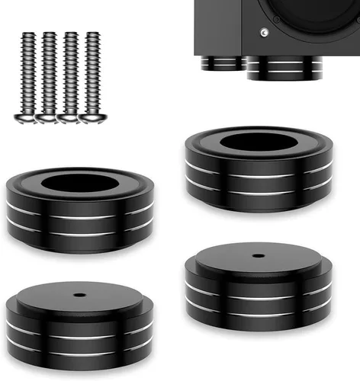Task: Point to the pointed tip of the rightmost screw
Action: click(x=94, y=34)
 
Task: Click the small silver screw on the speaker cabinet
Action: click(x=264, y=33)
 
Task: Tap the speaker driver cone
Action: click(x=320, y=19)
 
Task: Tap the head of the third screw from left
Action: click(x=72, y=117)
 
